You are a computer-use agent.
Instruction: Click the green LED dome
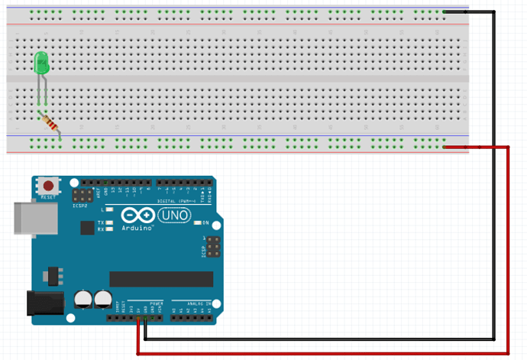point(42,63)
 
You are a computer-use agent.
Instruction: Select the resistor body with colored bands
point(50,122)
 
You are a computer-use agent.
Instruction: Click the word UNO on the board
point(173,217)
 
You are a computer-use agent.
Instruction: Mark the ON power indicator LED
point(196,223)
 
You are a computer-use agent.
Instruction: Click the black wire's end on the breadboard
point(445,11)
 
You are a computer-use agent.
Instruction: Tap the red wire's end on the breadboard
point(445,147)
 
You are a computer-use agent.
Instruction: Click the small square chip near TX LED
point(88,227)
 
